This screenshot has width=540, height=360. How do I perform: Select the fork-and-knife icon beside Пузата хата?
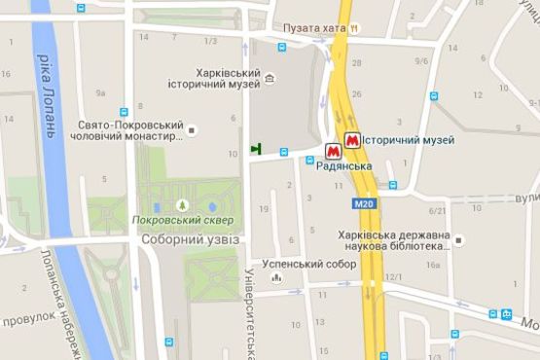click(355, 29)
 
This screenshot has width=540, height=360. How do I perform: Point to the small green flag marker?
click(256, 149)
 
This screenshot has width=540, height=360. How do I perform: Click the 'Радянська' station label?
click(345, 167)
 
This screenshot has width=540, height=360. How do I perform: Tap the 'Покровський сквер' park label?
click(183, 220)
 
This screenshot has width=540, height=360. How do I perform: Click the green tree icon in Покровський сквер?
click(183, 204)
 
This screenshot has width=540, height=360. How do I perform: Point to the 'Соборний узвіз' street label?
click(190, 239)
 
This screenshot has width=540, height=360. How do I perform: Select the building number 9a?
click(100, 93)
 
